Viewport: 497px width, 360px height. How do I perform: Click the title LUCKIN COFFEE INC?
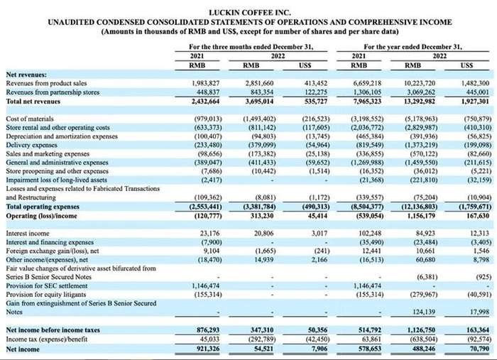(248, 13)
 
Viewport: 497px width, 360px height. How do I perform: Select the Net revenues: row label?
(26, 75)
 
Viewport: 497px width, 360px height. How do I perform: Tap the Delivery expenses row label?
(33, 142)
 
